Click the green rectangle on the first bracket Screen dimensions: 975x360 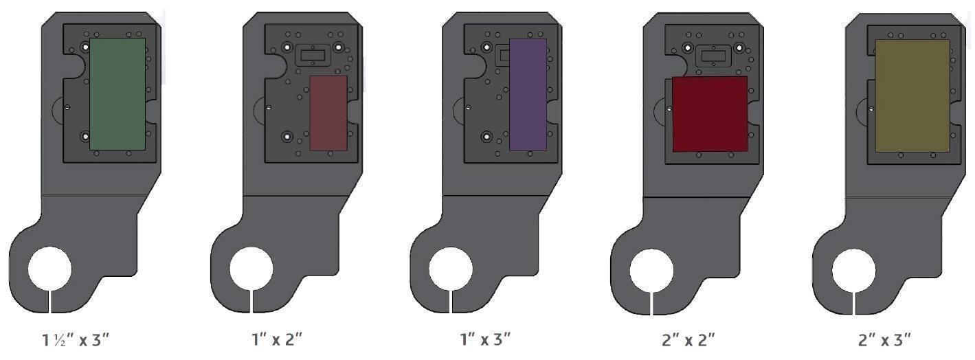pyautogui.click(x=117, y=94)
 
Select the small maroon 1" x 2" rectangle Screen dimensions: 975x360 pyautogui.click(x=328, y=113)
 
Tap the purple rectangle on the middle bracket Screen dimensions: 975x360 pyautogui.click(x=528, y=95)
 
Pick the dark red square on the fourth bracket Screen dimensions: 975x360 pyautogui.click(x=710, y=114)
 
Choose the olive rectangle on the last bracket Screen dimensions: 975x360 pyautogui.click(x=912, y=95)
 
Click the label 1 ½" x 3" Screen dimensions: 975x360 pyautogui.click(x=75, y=339)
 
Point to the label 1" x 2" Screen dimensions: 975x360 pyautogui.click(x=277, y=339)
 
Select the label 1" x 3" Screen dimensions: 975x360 pyautogui.click(x=485, y=339)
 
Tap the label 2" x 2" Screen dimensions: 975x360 pyautogui.click(x=688, y=339)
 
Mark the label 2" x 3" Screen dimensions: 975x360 pyautogui.click(x=884, y=339)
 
